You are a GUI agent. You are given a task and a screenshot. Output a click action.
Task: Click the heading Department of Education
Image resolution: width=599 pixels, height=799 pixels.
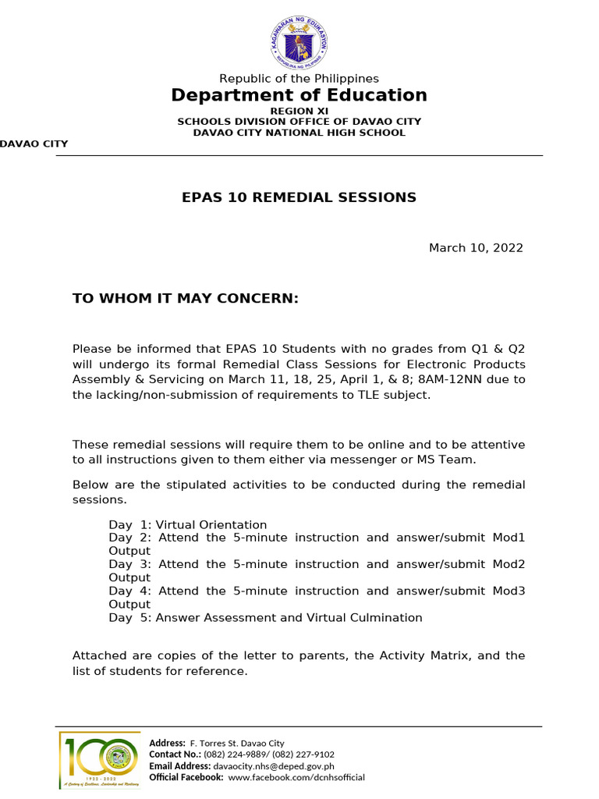pyautogui.click(x=299, y=95)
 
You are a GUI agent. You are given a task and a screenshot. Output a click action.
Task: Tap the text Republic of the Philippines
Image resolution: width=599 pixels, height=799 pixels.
pyautogui.click(x=299, y=78)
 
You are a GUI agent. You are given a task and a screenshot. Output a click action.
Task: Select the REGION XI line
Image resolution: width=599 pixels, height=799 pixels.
pyautogui.click(x=299, y=111)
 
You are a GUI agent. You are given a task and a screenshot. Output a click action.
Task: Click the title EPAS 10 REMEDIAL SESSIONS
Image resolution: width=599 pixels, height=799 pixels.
pyautogui.click(x=299, y=197)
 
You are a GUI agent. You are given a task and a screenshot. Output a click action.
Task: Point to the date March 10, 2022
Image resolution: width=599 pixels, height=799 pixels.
pyautogui.click(x=476, y=248)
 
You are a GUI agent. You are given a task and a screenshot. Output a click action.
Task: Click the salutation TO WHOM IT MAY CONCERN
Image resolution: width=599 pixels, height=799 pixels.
pyautogui.click(x=186, y=298)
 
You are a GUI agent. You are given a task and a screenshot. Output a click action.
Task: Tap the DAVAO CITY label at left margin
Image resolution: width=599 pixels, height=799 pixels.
pyautogui.click(x=34, y=144)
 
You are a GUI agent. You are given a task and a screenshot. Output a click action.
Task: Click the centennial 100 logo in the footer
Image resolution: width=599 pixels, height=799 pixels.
pyautogui.click(x=99, y=760)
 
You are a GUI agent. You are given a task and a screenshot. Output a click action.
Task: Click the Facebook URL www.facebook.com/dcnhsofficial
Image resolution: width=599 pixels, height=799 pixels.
pyautogui.click(x=296, y=777)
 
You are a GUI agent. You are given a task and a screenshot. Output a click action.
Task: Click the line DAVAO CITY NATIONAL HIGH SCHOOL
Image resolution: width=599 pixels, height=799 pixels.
pyautogui.click(x=299, y=133)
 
